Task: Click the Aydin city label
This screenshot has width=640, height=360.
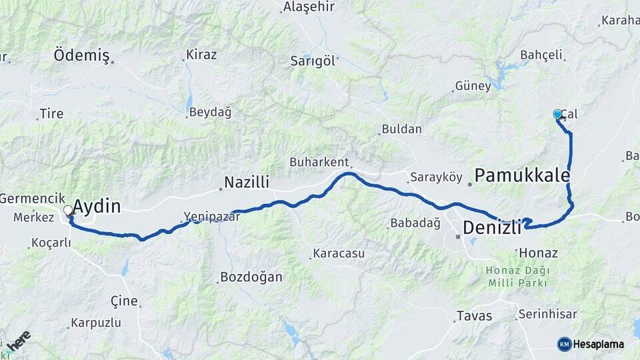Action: [x=97, y=207]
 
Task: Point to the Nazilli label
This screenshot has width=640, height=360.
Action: [x=246, y=182]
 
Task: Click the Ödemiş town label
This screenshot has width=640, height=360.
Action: [x=81, y=55]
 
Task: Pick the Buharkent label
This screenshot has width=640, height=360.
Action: [x=319, y=162]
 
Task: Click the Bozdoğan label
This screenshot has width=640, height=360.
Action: [x=251, y=277]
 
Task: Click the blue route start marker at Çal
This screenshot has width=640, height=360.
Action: [x=557, y=114]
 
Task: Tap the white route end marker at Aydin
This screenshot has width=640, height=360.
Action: [x=68, y=211]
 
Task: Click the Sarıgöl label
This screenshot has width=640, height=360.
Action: [x=312, y=61]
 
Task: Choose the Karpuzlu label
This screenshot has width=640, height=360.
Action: [x=98, y=323]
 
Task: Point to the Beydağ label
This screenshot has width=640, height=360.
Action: [x=210, y=112]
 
